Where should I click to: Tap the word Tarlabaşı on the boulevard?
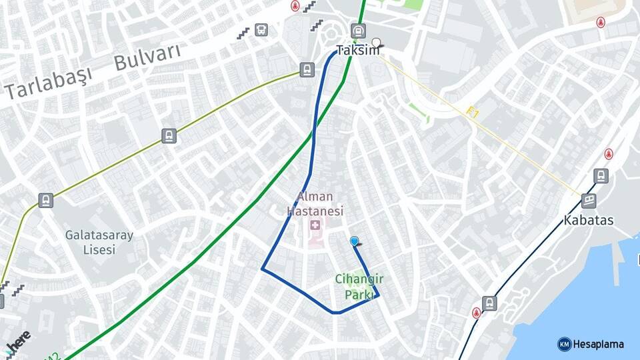tap(48, 83)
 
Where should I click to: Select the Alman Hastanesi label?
tap(315, 204)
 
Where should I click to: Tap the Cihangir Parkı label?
tap(354, 287)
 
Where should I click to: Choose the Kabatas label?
tap(588, 220)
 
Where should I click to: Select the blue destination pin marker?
tap(354, 241)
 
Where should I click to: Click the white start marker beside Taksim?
tap(376, 43)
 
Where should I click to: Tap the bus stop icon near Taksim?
tap(261, 29)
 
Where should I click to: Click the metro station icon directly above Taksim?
tap(358, 31)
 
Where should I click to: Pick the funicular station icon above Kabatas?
tap(588, 199)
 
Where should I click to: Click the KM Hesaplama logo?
tap(591, 344)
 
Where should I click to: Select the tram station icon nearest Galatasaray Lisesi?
tap(45, 200)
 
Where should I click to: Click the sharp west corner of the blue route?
tap(262, 269)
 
